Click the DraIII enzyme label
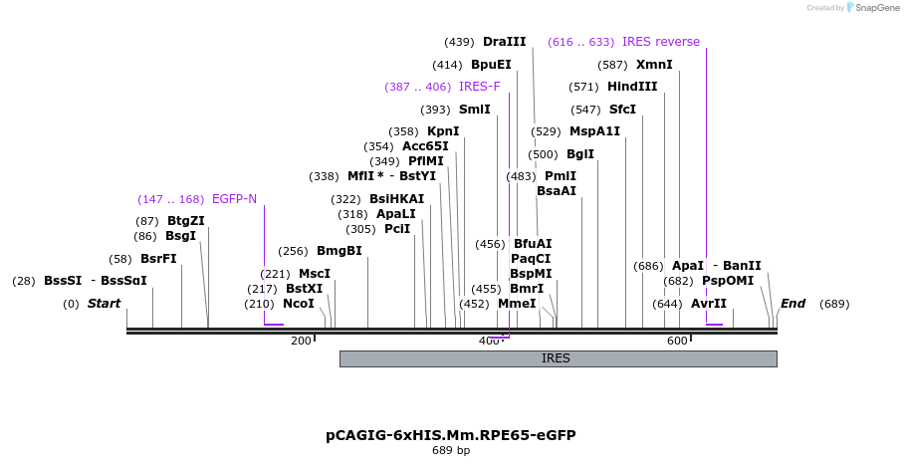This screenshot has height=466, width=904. tap(504, 42)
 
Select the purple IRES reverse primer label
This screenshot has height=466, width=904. tap(661, 42)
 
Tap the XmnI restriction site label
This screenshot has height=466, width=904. tap(654, 65)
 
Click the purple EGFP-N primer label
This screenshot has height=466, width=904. tap(234, 199)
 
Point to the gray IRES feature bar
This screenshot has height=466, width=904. tap(557, 358)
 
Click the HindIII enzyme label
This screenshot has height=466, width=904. tap(632, 87)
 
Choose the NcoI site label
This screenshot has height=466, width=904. tap(298, 304)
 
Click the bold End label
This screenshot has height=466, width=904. tap(792, 304)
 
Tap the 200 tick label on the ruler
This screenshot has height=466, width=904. tap(301, 341)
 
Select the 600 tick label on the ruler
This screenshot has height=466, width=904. tap(677, 341)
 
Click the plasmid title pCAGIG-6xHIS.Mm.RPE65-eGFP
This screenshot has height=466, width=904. tap(451, 435)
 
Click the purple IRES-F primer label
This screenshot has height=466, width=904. tap(480, 87)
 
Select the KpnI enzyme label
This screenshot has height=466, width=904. tap(443, 131)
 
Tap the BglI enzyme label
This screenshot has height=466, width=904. tap(579, 154)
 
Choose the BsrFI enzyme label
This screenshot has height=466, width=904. tap(158, 258)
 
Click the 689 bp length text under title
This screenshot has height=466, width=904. tap(451, 451)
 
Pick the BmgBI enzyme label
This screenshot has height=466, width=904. tap(339, 251)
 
